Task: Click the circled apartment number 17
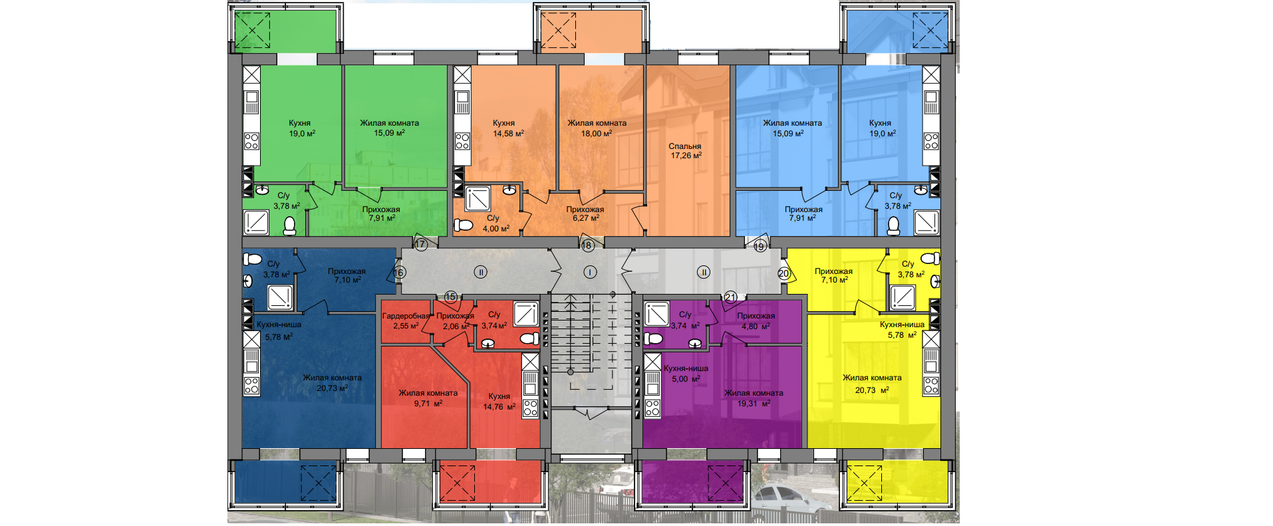(x=420, y=245)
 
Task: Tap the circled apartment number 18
(x=587, y=245)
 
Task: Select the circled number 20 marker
(x=783, y=273)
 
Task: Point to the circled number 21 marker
(x=730, y=297)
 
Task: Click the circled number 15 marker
(x=451, y=297)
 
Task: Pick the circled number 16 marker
(x=398, y=273)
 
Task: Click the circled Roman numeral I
(x=590, y=272)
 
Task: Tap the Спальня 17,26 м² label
(x=685, y=151)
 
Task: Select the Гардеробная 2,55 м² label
(x=406, y=321)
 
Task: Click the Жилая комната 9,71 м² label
(x=428, y=398)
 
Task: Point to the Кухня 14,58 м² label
(x=507, y=128)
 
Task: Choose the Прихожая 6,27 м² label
(x=585, y=213)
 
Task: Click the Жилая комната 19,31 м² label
(x=754, y=398)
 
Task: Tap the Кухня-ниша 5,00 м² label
(x=686, y=374)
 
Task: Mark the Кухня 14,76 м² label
(x=499, y=402)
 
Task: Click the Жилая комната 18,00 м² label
(x=597, y=128)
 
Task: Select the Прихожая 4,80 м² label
(x=756, y=321)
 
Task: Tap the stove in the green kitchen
(x=251, y=141)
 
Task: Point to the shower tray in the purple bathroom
(x=656, y=314)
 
